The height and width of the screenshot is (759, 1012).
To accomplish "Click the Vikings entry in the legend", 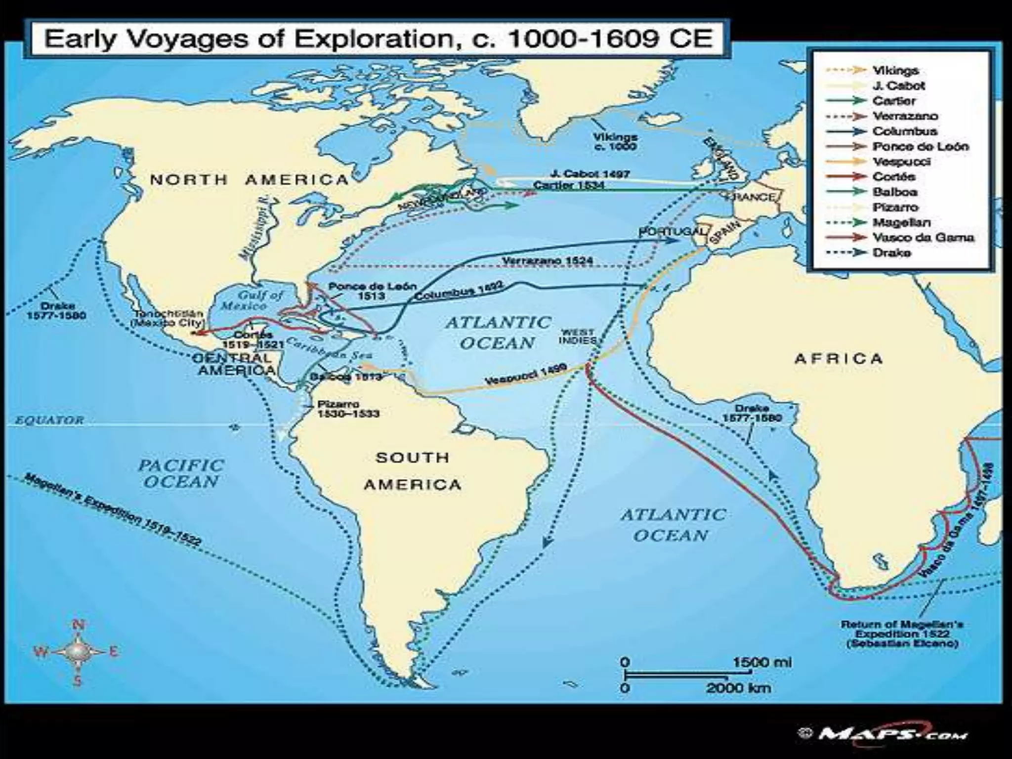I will tap(895, 70).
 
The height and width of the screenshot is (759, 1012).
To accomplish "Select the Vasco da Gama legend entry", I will tap(922, 237).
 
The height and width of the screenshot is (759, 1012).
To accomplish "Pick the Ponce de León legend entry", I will tap(920, 146).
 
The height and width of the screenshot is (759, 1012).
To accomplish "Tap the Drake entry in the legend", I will tap(891, 253).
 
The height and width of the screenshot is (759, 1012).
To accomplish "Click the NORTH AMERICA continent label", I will tap(250, 179).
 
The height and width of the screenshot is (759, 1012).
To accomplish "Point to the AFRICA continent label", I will tap(838, 358).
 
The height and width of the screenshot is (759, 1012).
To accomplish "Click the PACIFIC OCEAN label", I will tap(180, 473).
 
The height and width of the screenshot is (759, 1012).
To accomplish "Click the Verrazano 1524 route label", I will tap(548, 260).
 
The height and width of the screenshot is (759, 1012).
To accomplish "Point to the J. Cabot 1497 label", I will tap(590, 174).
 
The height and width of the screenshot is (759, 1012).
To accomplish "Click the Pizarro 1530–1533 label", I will tap(348, 409).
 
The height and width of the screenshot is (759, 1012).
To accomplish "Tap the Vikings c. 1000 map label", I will tap(615, 141).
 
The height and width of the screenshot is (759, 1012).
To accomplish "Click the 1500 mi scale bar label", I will tap(761, 662).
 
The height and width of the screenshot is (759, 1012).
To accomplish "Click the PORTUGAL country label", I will tap(671, 231).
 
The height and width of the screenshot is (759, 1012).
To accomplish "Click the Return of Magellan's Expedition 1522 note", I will tap(901, 633).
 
